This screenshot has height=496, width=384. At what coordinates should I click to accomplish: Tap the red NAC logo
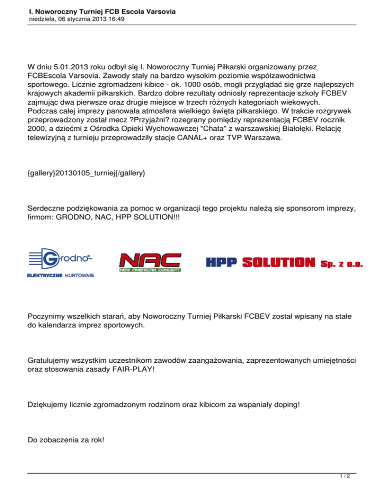point(149,262)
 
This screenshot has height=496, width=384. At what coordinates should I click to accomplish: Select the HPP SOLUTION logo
point(284,262)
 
